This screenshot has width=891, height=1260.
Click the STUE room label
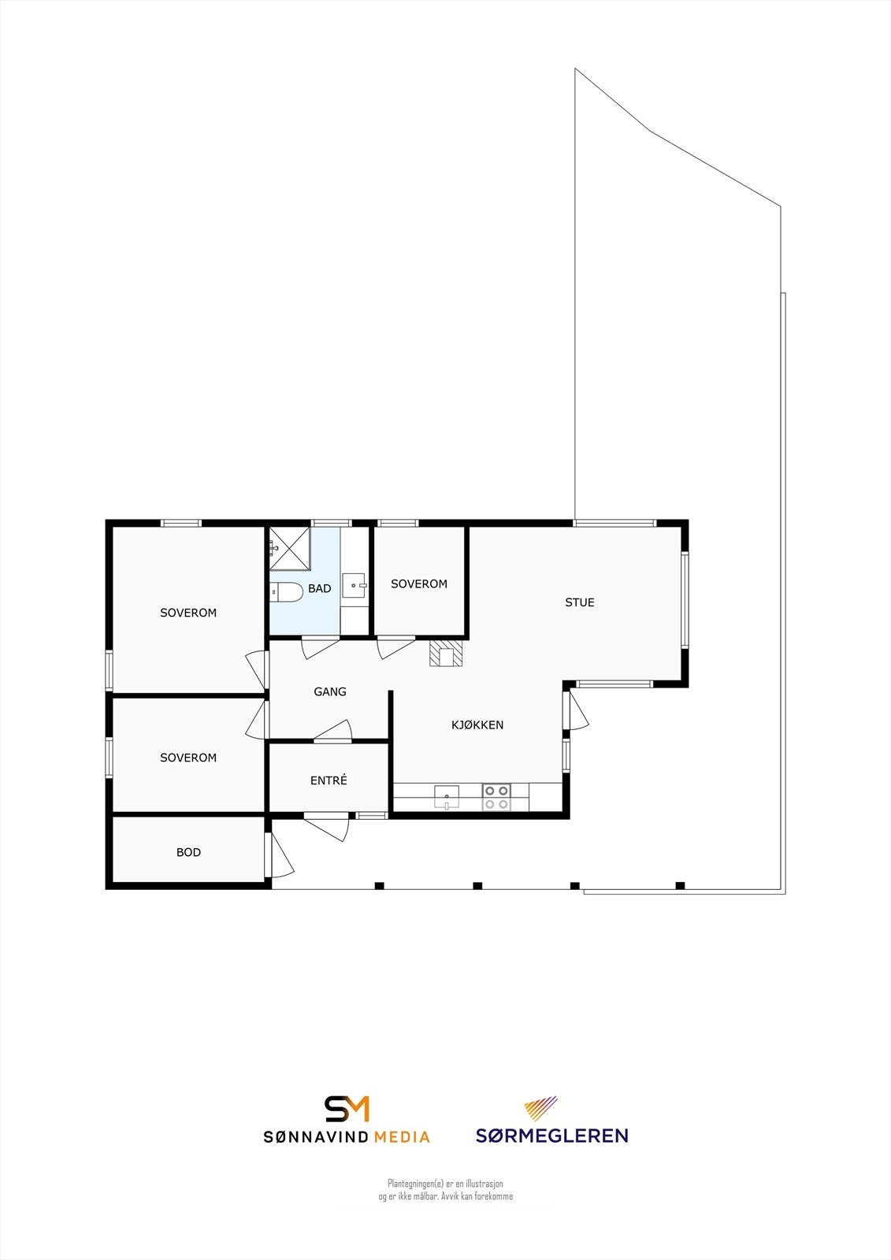pyautogui.click(x=580, y=602)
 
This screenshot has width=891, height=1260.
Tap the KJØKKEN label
pyautogui.click(x=477, y=724)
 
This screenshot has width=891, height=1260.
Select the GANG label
pyautogui.click(x=330, y=691)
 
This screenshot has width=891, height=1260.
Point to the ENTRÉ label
pyautogui.click(x=329, y=780)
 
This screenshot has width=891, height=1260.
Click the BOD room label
pyautogui.click(x=188, y=852)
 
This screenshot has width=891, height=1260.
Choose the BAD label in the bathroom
pyautogui.click(x=320, y=588)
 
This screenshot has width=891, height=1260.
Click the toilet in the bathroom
pyautogui.click(x=287, y=592)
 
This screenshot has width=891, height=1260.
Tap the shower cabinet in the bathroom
pyautogui.click(x=289, y=548)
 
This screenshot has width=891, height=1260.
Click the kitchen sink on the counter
pyautogui.click(x=447, y=796)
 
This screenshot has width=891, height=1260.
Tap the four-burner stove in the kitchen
pyautogui.click(x=496, y=797)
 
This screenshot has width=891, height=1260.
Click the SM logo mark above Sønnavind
pyautogui.click(x=347, y=1108)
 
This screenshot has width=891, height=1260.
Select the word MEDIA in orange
pyautogui.click(x=402, y=1137)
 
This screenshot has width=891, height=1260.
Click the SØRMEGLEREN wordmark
pyautogui.click(x=551, y=1136)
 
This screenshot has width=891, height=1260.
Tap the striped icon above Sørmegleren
pyautogui.click(x=541, y=1108)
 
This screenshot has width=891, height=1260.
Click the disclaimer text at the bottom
pyautogui.click(x=445, y=1190)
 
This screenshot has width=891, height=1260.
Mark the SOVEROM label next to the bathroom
pyautogui.click(x=419, y=584)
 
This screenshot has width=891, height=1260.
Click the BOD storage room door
pyautogui.click(x=280, y=855)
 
